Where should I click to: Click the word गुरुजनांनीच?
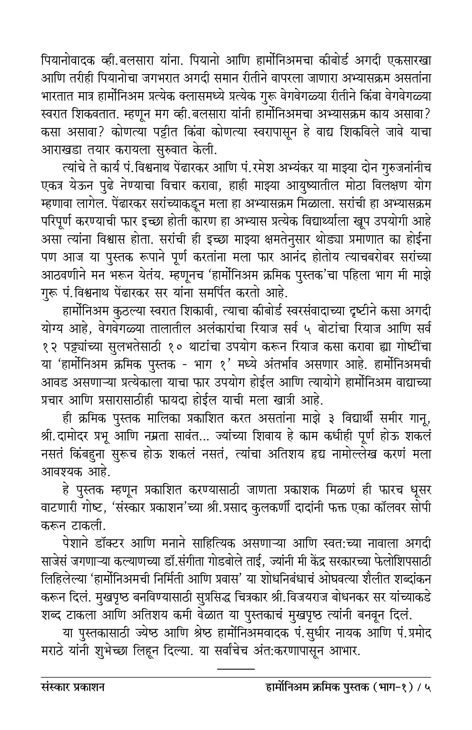(406, 168)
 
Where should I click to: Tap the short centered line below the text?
(236, 669)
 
